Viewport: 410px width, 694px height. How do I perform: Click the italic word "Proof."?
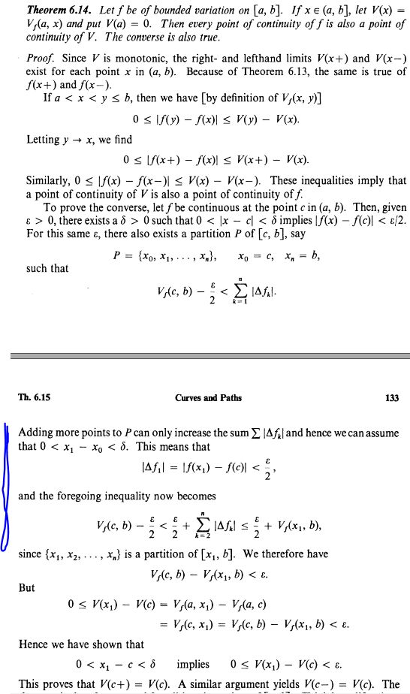(41, 58)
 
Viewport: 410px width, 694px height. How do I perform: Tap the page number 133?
(390, 398)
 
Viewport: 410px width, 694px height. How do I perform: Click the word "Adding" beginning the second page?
(35, 433)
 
